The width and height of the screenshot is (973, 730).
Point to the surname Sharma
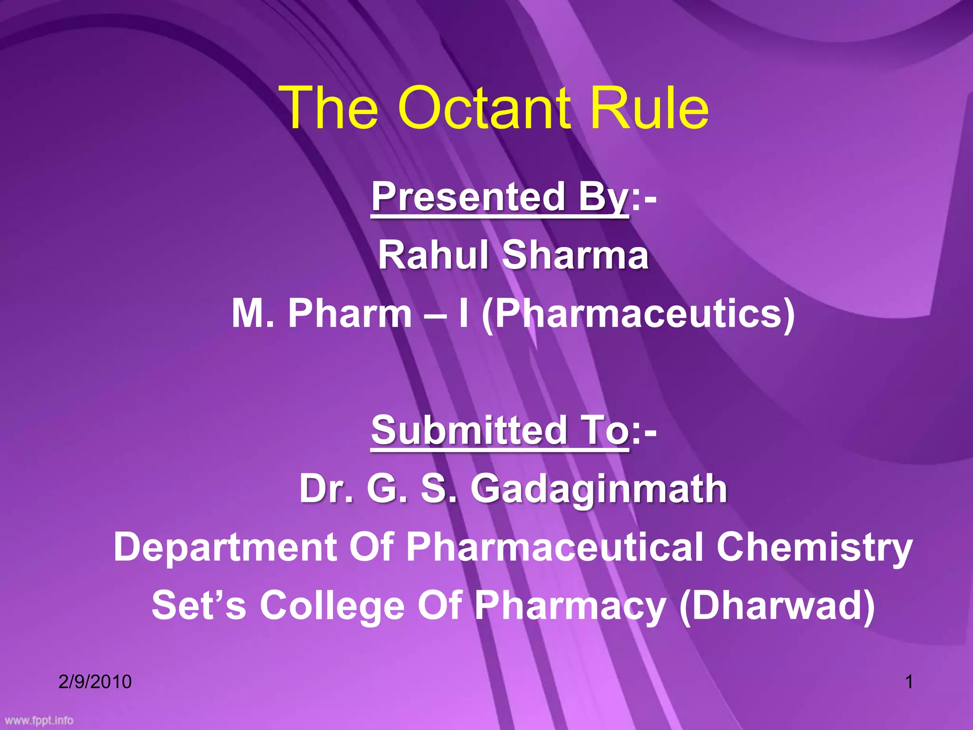point(575,255)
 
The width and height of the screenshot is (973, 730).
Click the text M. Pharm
point(322,314)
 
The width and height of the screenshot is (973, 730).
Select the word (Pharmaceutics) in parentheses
point(638,315)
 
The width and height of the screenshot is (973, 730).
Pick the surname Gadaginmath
point(599,490)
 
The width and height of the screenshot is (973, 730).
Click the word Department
point(225,547)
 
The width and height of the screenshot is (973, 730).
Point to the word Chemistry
point(814,548)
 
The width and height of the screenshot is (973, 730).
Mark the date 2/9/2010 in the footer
point(95,682)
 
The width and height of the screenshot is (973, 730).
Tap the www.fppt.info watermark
point(39,720)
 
